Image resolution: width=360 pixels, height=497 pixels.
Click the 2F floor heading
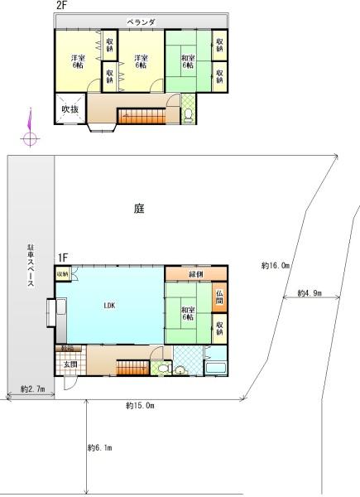(x=61, y=6)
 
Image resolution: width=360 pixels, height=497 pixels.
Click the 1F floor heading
(x=63, y=258)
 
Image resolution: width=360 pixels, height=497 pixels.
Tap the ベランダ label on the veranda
(x=142, y=21)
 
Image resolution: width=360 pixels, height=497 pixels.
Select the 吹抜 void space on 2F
(x=70, y=111)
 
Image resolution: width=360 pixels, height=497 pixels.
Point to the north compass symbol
(x=30, y=133)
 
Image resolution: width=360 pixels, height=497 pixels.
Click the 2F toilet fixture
(x=187, y=114)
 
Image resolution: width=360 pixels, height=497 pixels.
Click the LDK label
(x=109, y=306)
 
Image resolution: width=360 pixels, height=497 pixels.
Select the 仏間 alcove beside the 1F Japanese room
(x=218, y=296)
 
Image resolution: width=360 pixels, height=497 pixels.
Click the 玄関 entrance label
(x=69, y=364)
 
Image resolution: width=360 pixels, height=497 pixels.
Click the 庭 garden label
(x=140, y=209)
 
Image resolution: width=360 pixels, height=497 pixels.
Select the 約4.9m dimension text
(x=309, y=293)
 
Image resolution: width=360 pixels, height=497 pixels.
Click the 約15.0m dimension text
(x=141, y=405)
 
